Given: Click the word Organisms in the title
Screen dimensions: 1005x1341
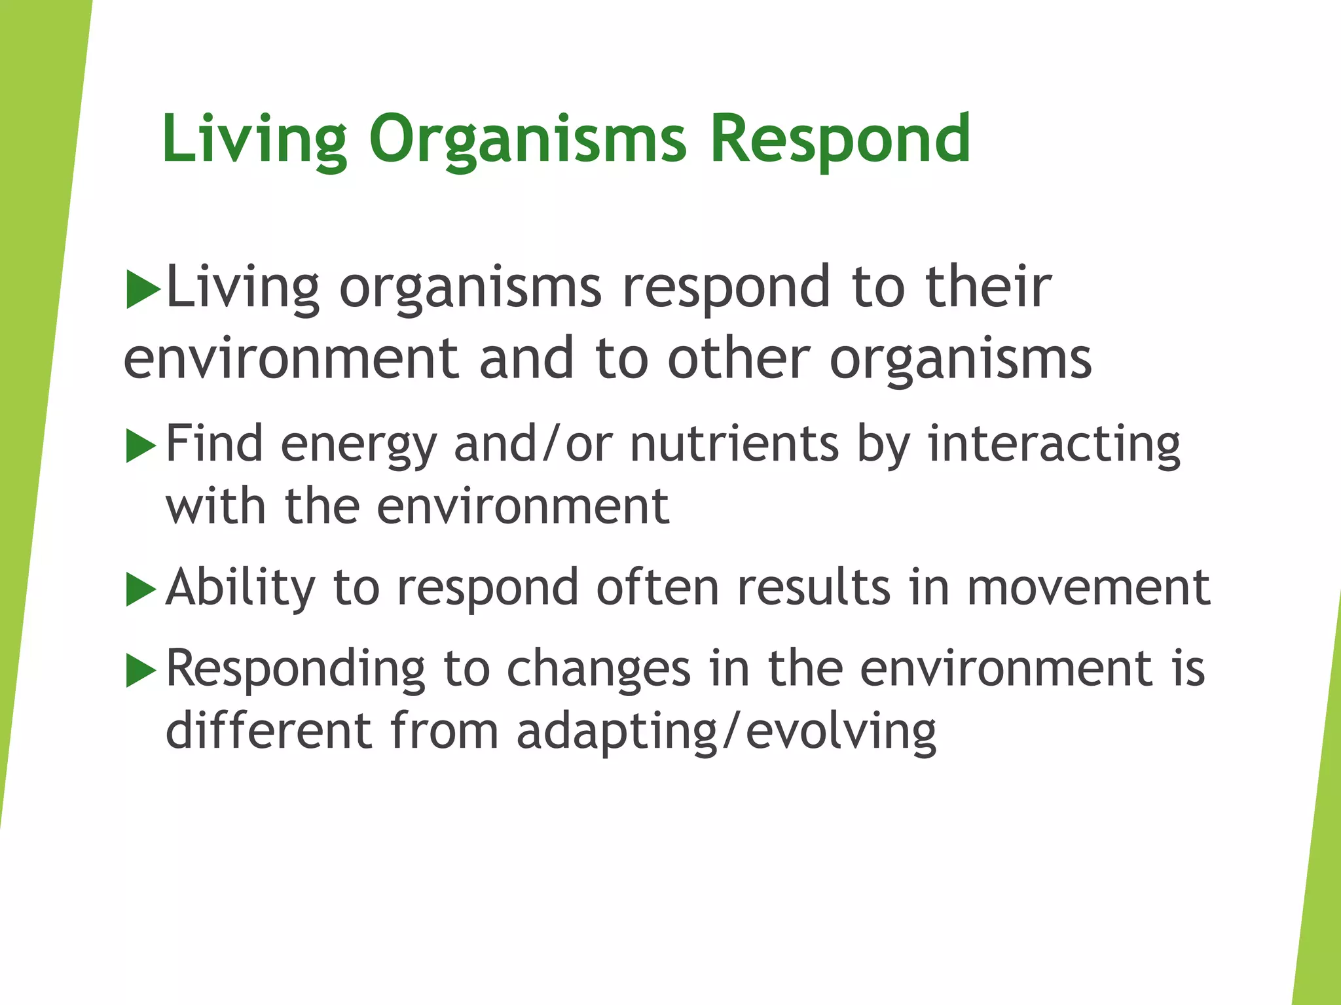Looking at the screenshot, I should click(527, 139).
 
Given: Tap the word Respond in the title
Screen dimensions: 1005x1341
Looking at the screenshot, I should click(840, 139).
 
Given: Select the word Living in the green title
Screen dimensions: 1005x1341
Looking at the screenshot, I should click(254, 139).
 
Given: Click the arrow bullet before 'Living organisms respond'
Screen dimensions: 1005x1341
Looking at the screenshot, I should click(143, 289).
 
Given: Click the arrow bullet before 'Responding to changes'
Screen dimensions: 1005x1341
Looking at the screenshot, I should click(141, 670).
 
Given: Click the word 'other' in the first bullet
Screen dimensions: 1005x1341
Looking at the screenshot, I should click(739, 359).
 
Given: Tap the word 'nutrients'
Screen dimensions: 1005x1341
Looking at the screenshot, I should click(734, 444).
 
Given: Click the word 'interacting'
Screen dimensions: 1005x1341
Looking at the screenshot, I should click(1054, 444).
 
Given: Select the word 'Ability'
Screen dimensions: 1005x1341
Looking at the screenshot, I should click(240, 588).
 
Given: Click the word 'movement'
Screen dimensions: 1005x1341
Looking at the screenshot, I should click(1088, 587).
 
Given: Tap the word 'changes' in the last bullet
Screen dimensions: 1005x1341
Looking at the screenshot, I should click(598, 669).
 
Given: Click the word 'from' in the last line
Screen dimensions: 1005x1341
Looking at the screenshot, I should click(444, 731).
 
